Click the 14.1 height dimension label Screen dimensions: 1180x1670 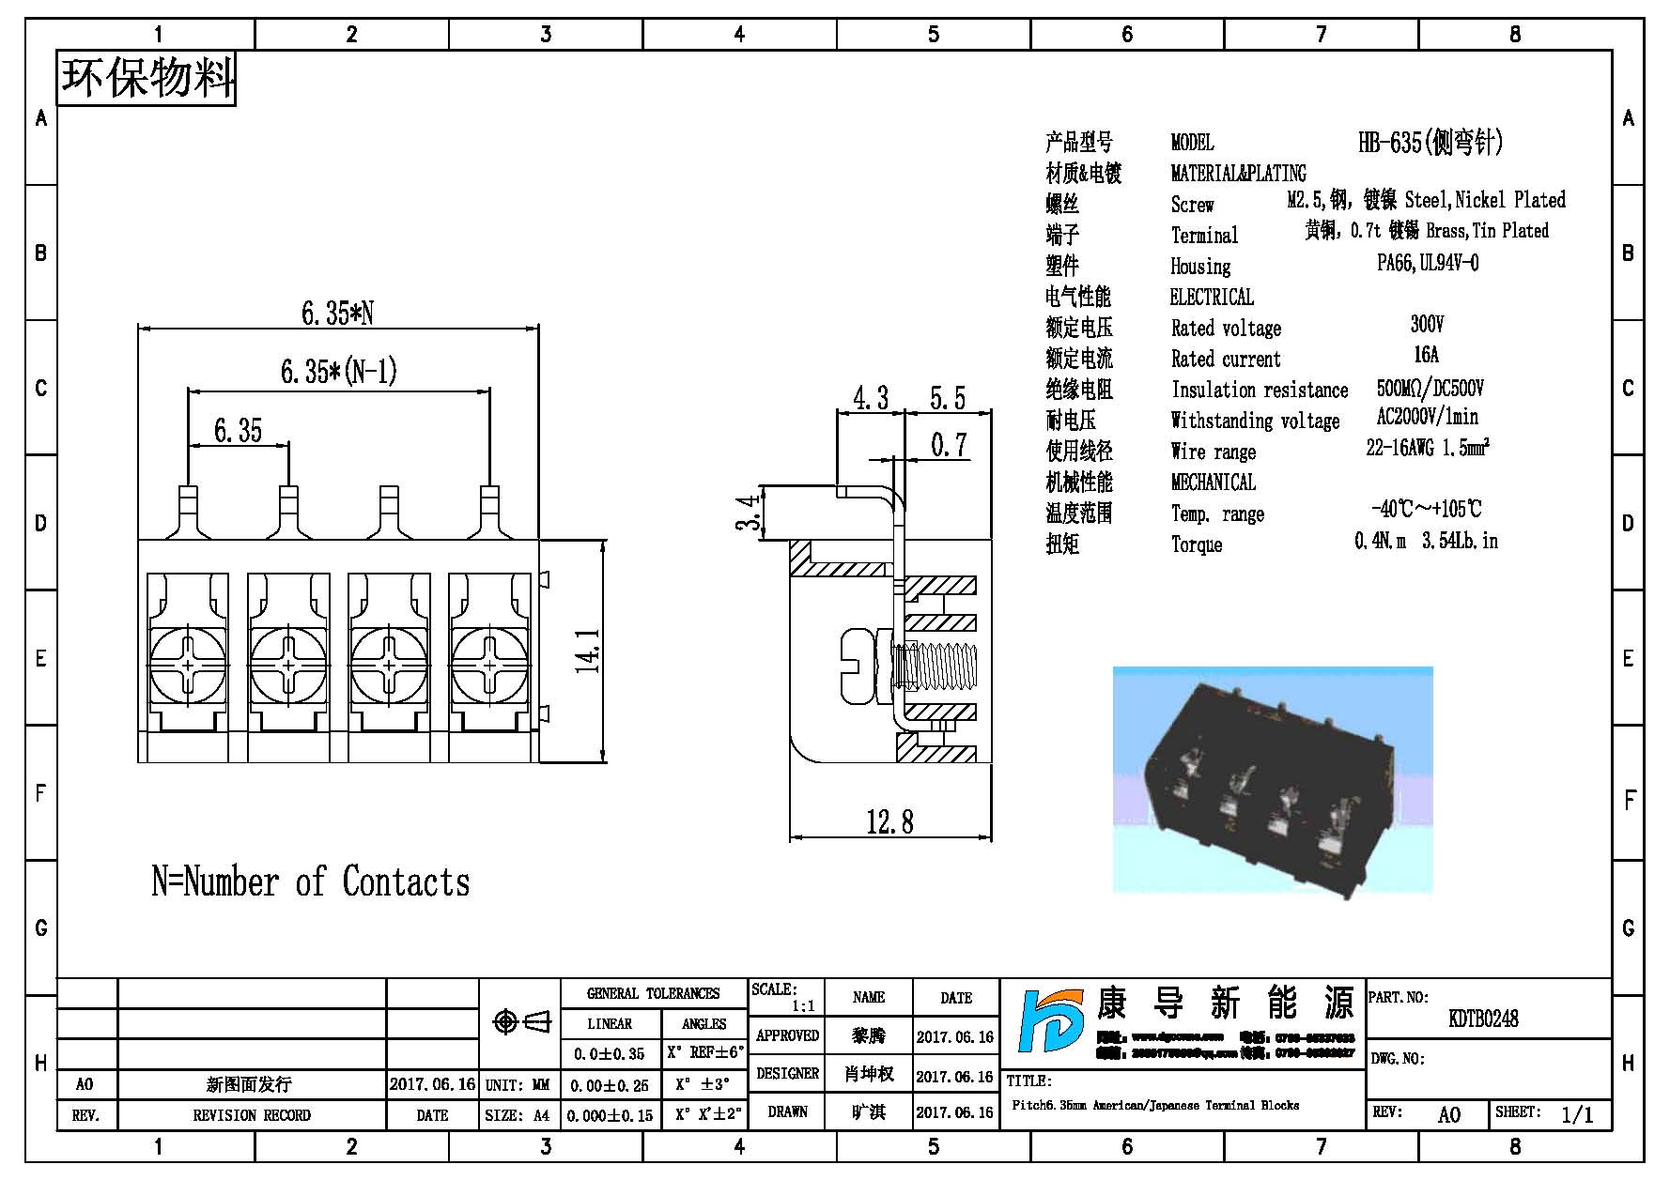point(589,651)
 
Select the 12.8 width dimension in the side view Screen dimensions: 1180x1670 point(889,822)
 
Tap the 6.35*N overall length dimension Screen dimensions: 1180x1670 point(337,313)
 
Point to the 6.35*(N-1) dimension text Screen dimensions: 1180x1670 point(339,372)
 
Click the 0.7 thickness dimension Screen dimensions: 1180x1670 point(949,444)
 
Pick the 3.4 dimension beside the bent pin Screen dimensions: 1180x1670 point(749,513)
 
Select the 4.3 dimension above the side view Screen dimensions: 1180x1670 point(871,398)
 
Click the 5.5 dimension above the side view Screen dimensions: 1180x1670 point(948,398)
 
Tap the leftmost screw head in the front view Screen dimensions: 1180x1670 point(188,665)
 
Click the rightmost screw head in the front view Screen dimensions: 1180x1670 point(489,665)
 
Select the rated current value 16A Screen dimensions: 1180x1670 point(1426,354)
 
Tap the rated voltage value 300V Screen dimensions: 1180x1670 point(1427,324)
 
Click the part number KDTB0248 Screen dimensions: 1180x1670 point(1483,1019)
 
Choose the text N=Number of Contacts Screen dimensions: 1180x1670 point(311,881)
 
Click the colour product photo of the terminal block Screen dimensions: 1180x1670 point(1273,780)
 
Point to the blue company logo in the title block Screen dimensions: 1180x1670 point(1051,1021)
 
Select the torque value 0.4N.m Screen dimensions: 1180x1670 point(1380,541)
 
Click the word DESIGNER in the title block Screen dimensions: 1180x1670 point(787,1073)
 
